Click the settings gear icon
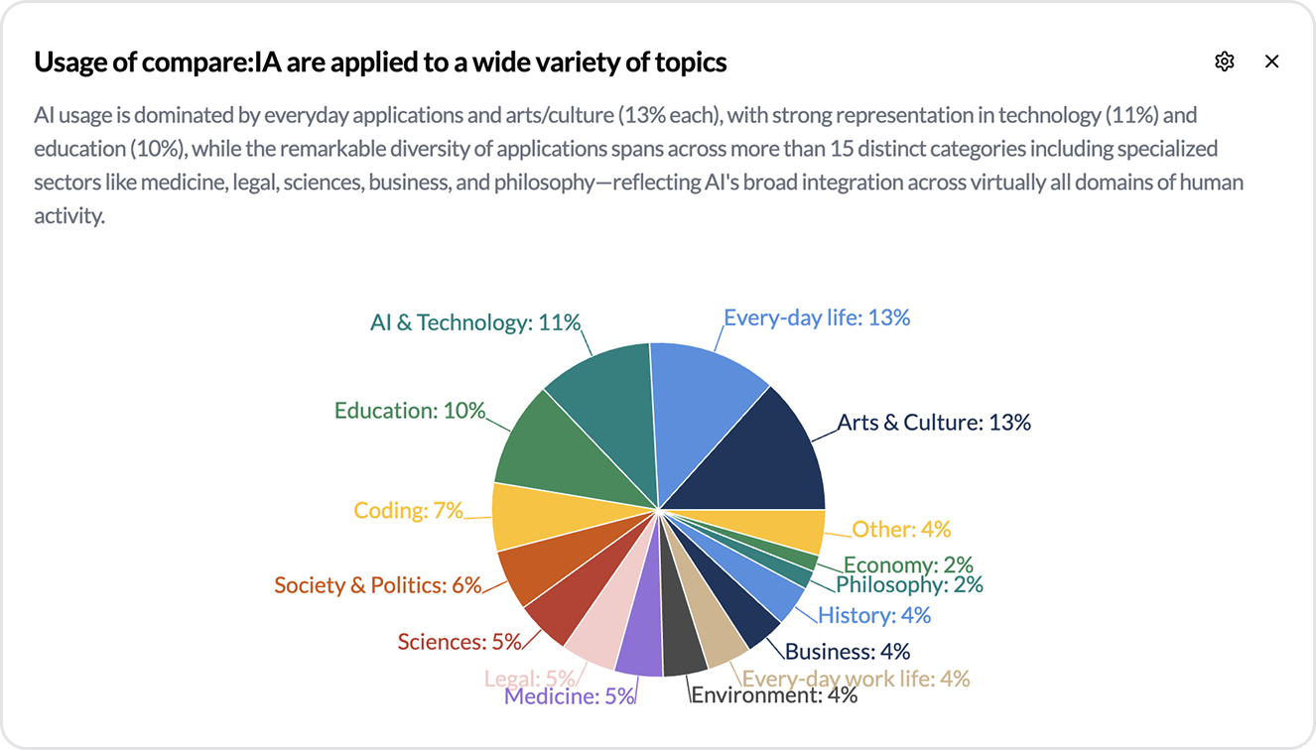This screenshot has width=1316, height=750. tap(1224, 62)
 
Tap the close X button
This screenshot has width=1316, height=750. tap(1271, 62)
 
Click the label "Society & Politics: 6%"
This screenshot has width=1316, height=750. tap(377, 585)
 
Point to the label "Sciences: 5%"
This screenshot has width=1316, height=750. tap(460, 642)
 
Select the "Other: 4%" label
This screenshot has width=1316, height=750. tap(901, 529)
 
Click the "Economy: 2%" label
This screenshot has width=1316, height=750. tap(908, 564)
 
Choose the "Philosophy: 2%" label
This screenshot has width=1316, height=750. tap(909, 585)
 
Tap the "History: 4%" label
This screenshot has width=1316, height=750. tap(874, 615)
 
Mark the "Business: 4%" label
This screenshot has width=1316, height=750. tap(848, 652)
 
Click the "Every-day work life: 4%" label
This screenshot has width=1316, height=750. tap(855, 679)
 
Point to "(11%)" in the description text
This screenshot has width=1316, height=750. tap(1131, 115)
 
